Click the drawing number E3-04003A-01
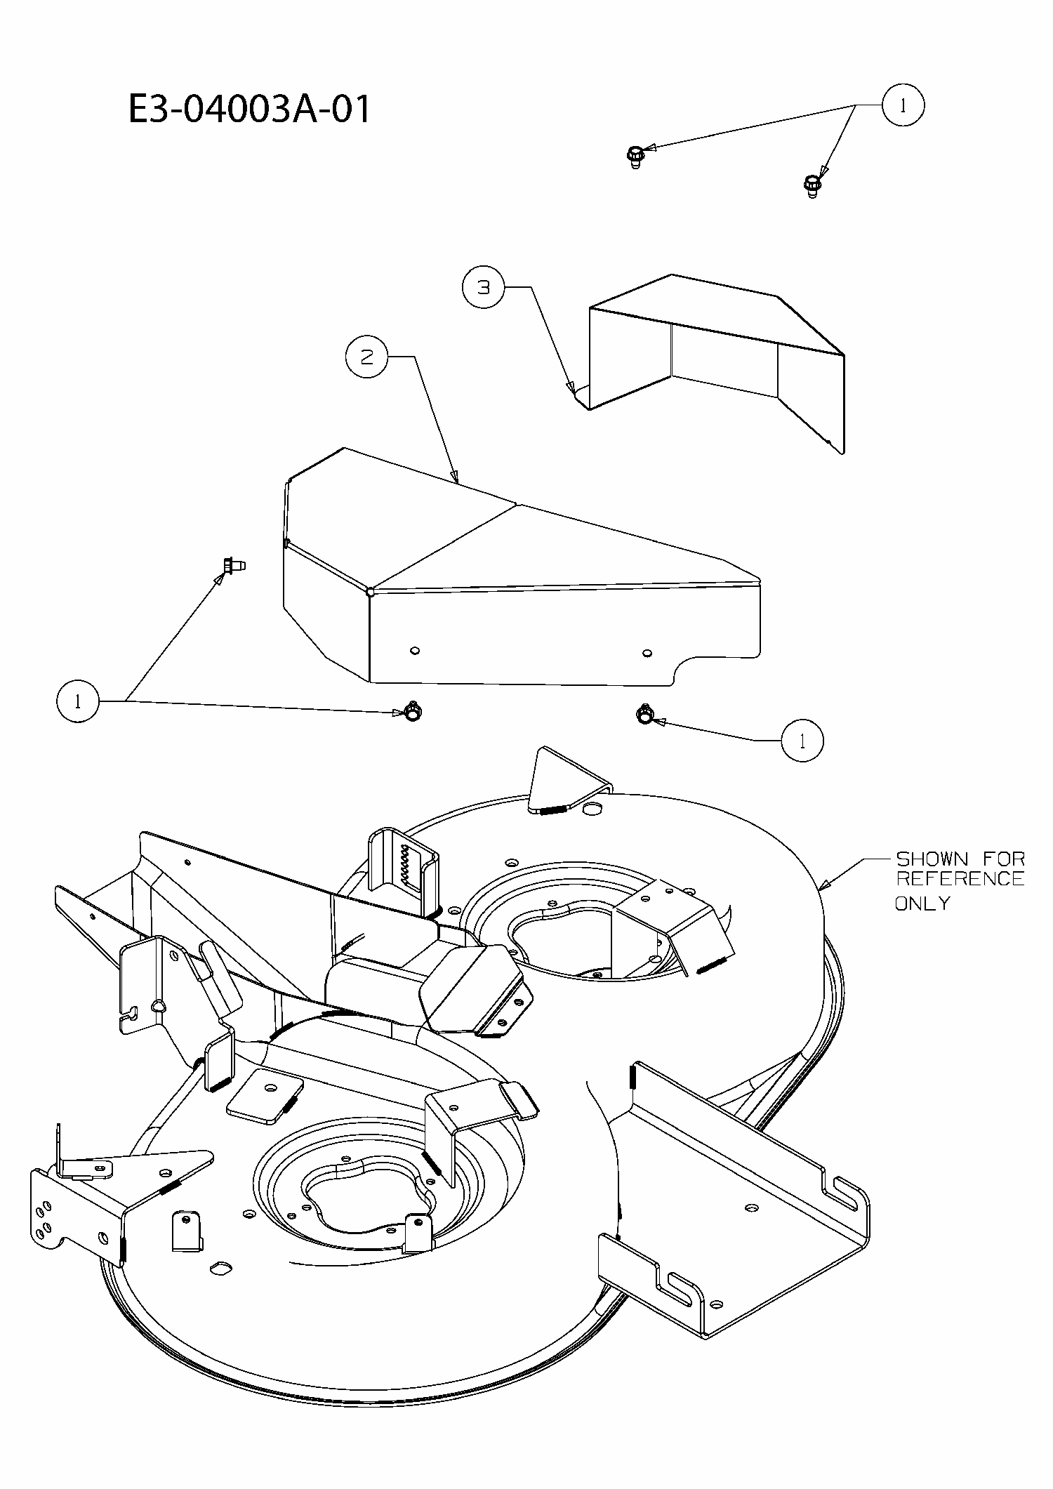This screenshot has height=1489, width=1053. tap(249, 110)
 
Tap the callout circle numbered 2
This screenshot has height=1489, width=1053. tap(366, 357)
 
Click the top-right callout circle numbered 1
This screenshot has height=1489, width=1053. tap(903, 105)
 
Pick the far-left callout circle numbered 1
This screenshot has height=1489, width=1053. tap(77, 701)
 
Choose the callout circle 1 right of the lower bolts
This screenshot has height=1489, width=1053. tap(802, 741)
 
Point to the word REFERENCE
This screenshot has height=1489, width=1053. tap(960, 879)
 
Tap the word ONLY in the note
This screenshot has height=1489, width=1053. tap(922, 904)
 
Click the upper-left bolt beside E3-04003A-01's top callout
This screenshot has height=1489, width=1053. tap(634, 156)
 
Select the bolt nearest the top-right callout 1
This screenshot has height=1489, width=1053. tap(812, 186)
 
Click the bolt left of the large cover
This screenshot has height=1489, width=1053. tap(232, 564)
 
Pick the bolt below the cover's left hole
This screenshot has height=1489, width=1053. tap(413, 711)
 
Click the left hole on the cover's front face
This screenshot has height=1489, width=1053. tap(415, 651)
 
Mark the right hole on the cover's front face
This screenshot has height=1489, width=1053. tap(647, 653)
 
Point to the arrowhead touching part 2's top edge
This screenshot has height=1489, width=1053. tap(455, 478)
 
